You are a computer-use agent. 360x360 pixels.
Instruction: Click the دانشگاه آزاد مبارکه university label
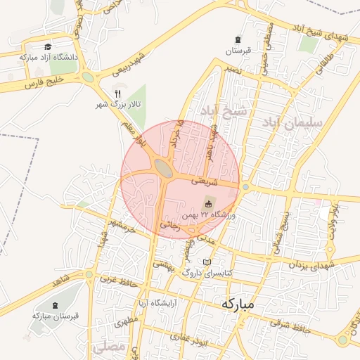pos(50,56)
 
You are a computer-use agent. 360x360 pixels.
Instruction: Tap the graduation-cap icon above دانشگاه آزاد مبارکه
pos(48,46)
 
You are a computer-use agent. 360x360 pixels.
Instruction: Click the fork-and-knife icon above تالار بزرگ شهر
pos(118,93)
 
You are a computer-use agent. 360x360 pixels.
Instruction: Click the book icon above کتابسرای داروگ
pos(207,262)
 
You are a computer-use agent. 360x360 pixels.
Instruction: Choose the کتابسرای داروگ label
pos(207,272)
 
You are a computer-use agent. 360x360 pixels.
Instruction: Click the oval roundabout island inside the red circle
pos(163,168)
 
